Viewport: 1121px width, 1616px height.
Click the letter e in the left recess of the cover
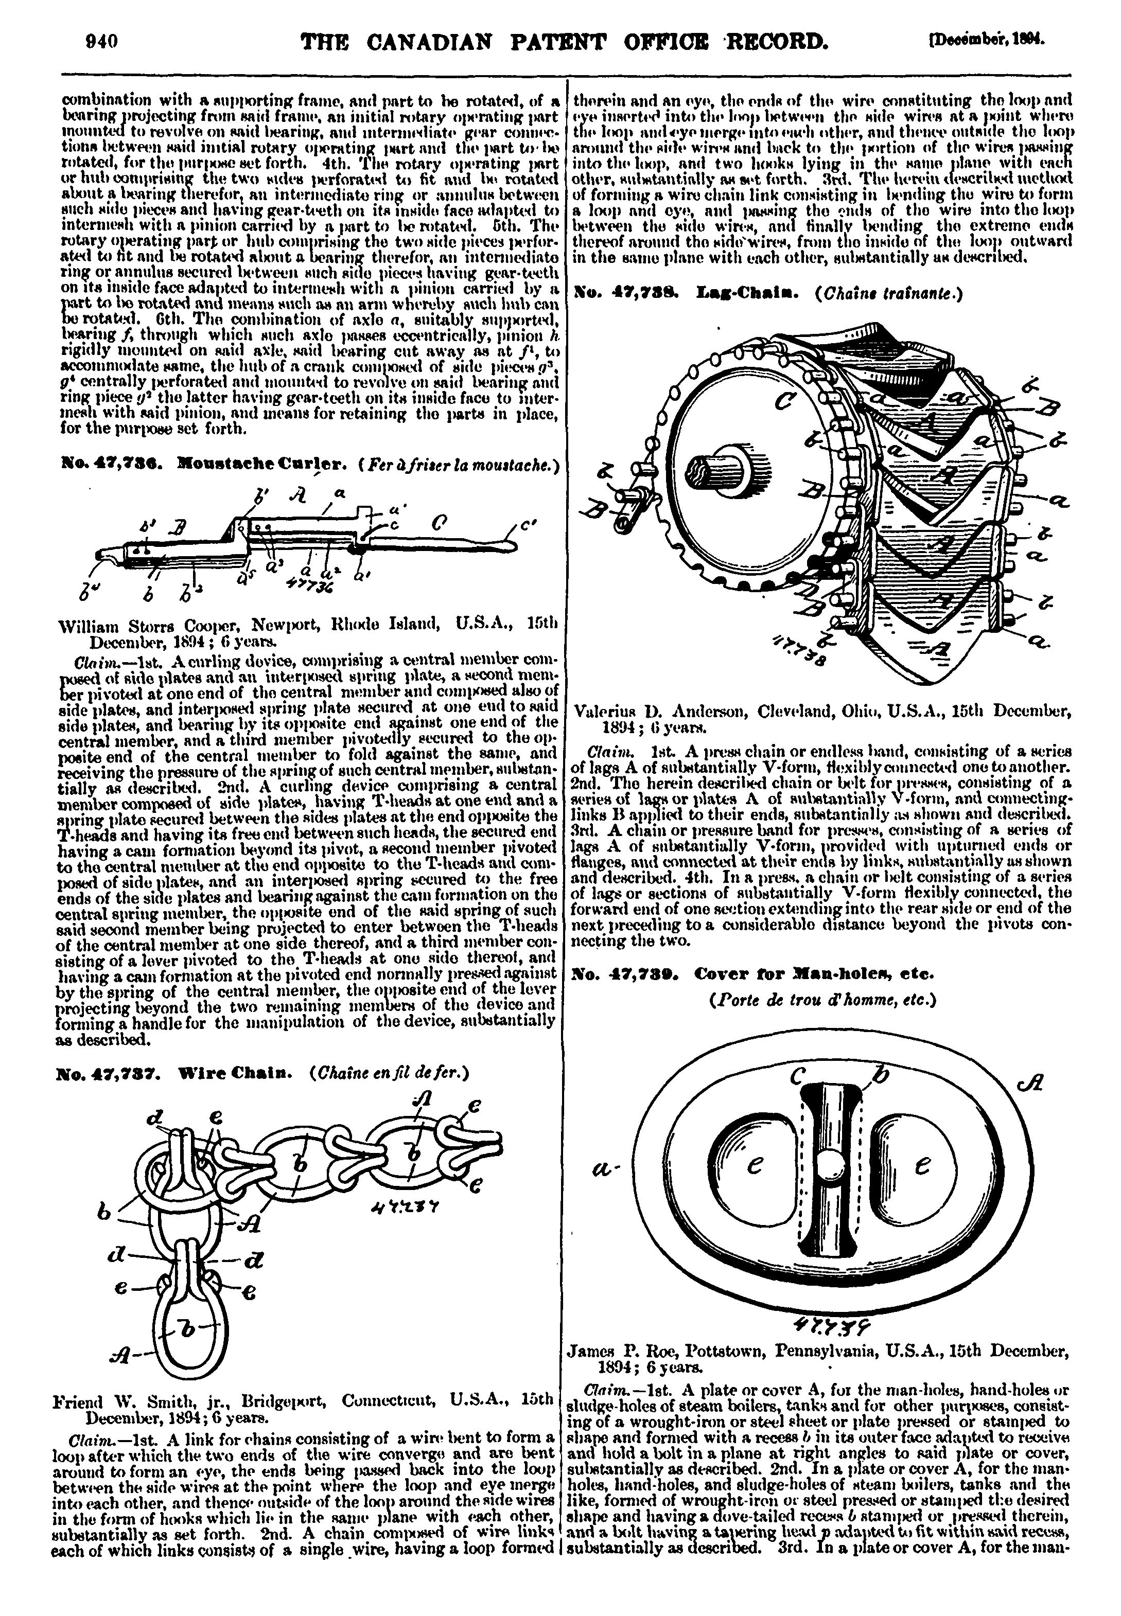tap(755, 1166)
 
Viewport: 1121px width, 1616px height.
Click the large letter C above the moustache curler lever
tap(441, 523)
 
